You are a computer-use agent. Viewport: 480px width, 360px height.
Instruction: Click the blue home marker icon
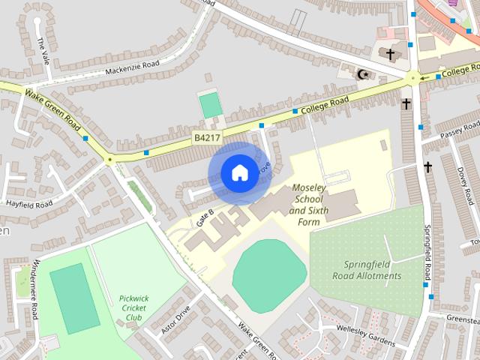pos(238,173)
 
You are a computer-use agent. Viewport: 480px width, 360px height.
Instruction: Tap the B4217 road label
pos(206,138)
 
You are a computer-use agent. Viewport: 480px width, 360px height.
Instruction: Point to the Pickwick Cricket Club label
pos(133,307)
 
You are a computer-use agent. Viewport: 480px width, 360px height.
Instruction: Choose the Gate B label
pos(205,218)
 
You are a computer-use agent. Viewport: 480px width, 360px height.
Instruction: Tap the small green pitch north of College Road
pos(211,105)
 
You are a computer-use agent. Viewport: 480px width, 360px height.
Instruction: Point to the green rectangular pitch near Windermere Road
pos(74,298)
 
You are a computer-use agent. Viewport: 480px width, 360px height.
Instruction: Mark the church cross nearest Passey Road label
pos(427,166)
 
